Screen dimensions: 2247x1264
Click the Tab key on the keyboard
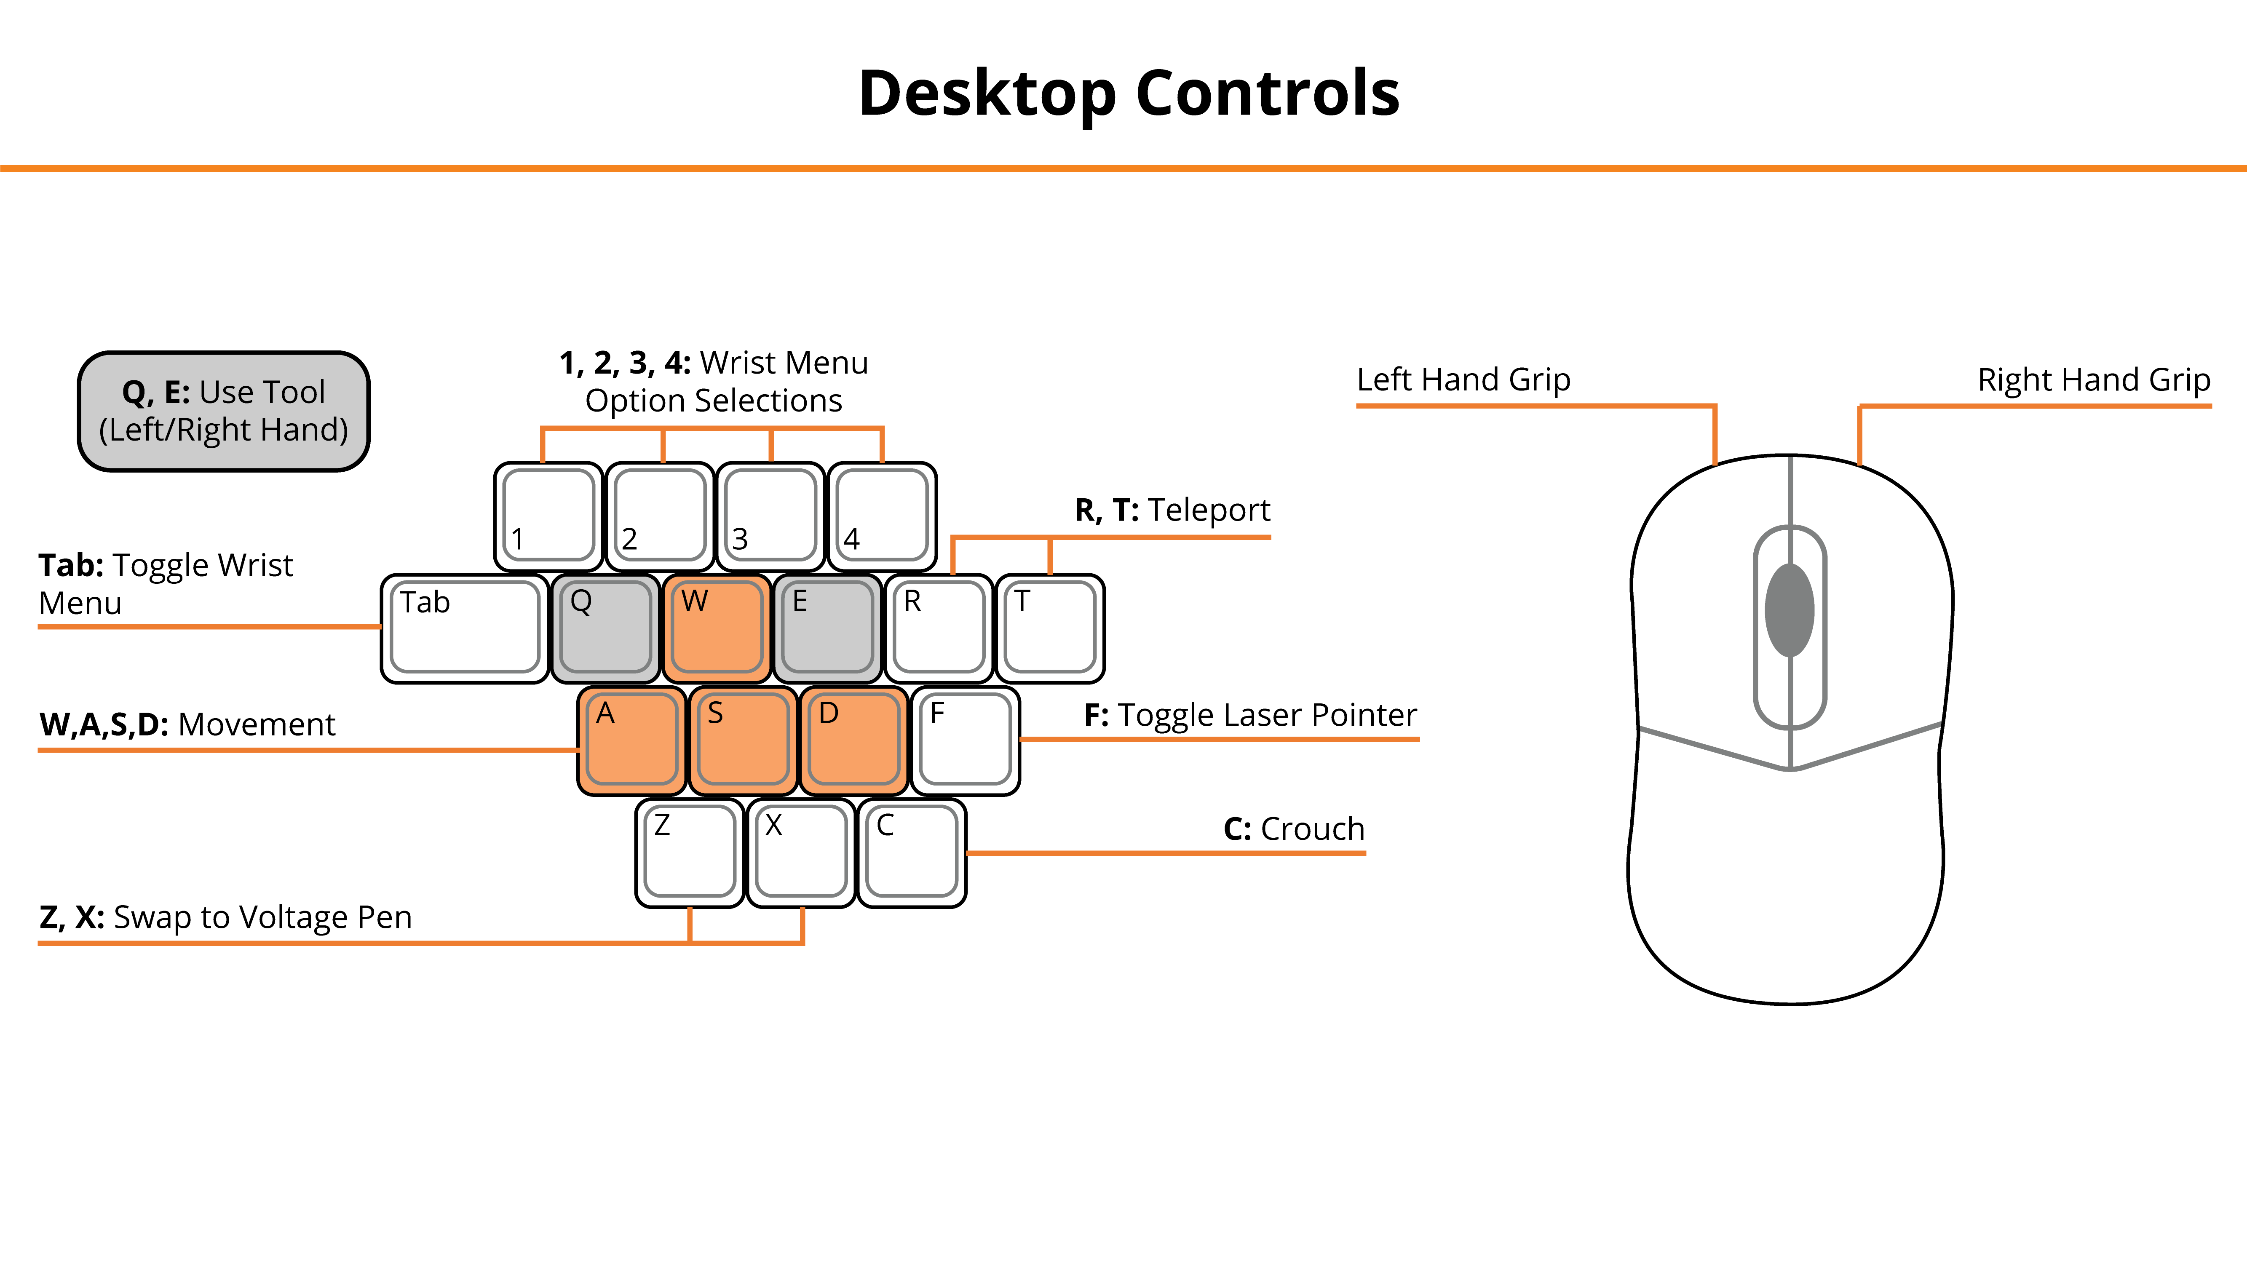tap(465, 628)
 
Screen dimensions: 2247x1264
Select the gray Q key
tap(605, 628)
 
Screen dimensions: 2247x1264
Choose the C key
tap(912, 852)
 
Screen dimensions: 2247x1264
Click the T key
tap(1050, 628)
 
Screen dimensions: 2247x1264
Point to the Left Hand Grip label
tap(1464, 379)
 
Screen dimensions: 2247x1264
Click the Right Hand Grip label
tap(2094, 379)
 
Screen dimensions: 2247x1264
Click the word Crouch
tap(1313, 829)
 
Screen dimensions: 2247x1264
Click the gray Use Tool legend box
tap(224, 411)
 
